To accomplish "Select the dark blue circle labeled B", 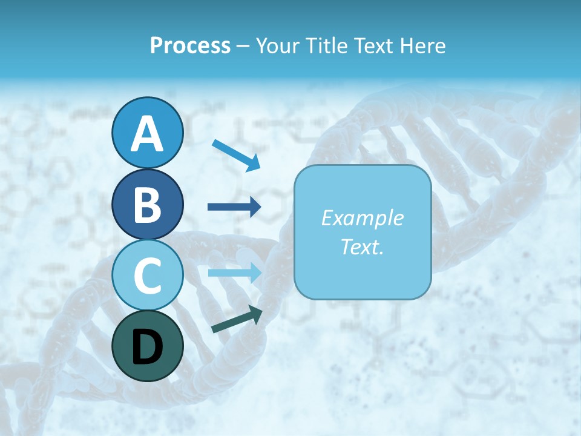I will click(147, 205).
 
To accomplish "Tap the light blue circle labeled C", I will click(147, 276).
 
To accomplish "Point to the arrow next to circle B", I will click(234, 207).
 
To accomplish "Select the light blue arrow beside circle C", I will click(234, 272).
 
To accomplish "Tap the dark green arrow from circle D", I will click(237, 320).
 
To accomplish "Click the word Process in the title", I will click(190, 45).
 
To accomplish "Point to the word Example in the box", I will click(362, 218).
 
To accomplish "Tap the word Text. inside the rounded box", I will click(362, 246).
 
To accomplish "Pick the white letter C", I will click(147, 276).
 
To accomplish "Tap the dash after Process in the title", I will click(243, 46).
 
